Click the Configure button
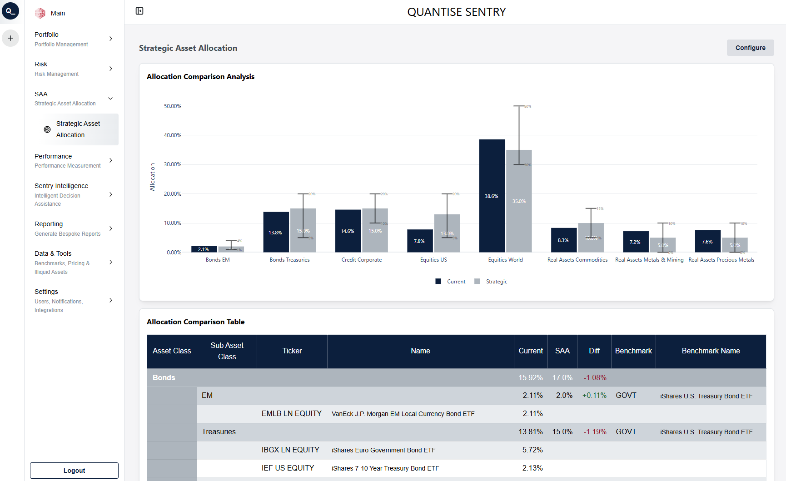coord(750,48)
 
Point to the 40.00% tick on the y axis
coord(173,135)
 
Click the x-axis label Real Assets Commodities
coord(577,260)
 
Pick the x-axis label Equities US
coord(433,260)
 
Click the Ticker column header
coord(292,351)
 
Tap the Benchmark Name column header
coord(711,351)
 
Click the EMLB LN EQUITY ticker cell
coord(291,414)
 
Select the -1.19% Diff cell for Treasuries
coord(595,432)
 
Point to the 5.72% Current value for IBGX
coord(532,450)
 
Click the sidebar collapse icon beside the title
coord(139,11)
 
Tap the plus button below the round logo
coord(10,38)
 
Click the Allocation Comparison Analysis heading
coord(200,77)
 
